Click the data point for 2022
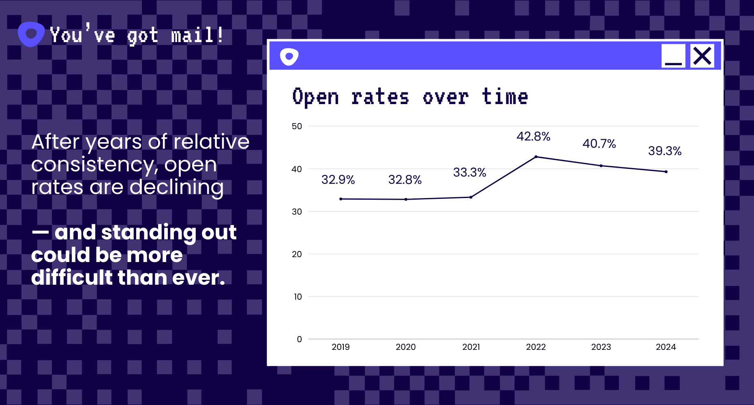coord(536,157)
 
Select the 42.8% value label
coord(533,136)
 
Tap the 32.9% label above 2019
coord(338,180)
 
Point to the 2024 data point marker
coord(666,172)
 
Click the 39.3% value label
coord(664,151)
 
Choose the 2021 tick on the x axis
coord(471,347)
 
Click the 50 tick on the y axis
coord(297,126)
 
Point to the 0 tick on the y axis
coord(299,339)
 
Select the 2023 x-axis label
coord(601,347)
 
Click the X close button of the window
coord(702,56)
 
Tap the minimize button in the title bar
coord(673,56)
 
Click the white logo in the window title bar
coord(289,57)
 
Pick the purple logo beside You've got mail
coord(31,34)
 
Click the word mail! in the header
coord(197,36)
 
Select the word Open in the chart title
coord(315,98)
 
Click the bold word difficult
coord(72,278)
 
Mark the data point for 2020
coord(406,199)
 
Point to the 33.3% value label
coord(469,173)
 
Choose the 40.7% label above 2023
coord(599,144)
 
